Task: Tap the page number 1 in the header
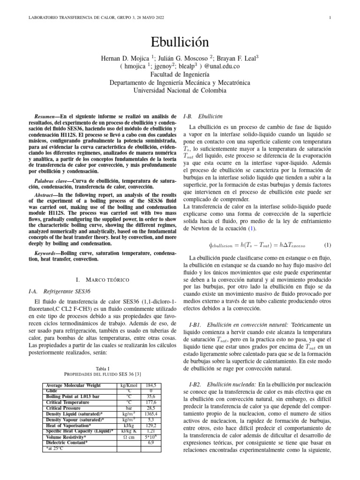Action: (x=330, y=18)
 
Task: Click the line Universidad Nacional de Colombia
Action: (x=180, y=90)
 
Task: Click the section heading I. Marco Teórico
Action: (x=102, y=279)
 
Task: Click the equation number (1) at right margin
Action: (x=328, y=245)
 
